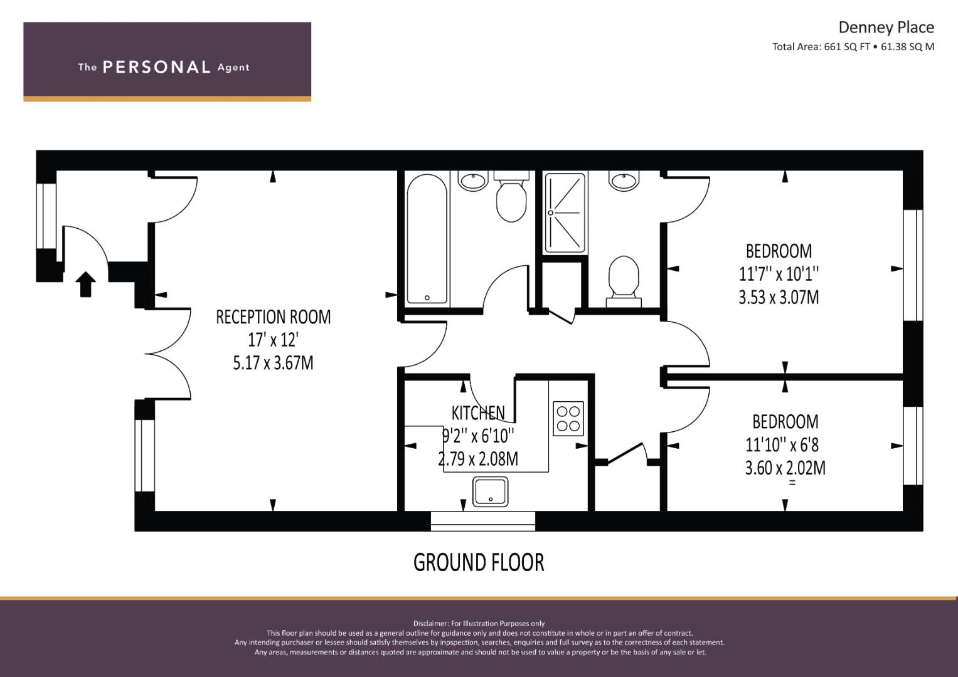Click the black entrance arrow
[x=85, y=284]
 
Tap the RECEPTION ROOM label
[x=274, y=317]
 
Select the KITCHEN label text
[x=478, y=413]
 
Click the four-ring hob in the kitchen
[x=568, y=419]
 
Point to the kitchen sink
[x=490, y=491]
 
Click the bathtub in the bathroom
[x=427, y=239]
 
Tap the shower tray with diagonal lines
[x=565, y=213]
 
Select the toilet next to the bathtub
[x=511, y=197]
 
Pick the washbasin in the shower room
[x=624, y=181]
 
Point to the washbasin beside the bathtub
[x=473, y=181]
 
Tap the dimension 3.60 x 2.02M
[x=785, y=468]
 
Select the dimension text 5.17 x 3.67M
[x=274, y=363]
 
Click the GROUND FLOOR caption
[x=479, y=562]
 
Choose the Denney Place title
[x=886, y=28]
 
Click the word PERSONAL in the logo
[x=157, y=67]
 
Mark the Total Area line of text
[x=853, y=47]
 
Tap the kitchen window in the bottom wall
[x=483, y=521]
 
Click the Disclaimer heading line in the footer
[x=479, y=624]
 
